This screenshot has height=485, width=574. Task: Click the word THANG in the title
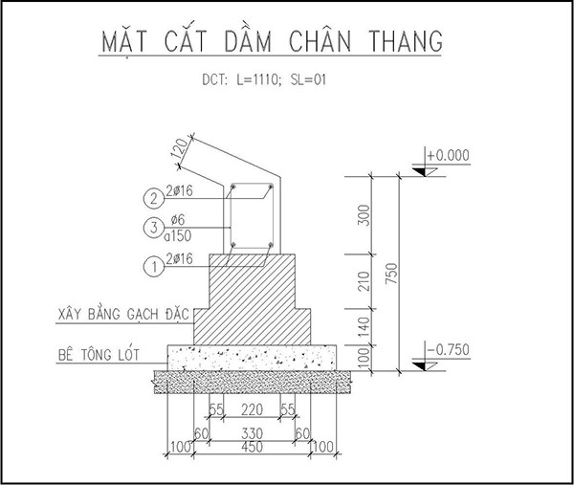[406, 40]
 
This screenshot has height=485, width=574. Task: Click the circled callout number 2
[154, 198]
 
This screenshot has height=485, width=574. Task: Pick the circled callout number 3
[154, 228]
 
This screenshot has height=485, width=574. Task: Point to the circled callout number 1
[154, 266]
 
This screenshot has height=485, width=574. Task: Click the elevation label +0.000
[448, 155]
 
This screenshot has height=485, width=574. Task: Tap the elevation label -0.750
[448, 349]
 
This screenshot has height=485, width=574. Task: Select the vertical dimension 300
[364, 215]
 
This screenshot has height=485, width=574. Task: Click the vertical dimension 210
[364, 281]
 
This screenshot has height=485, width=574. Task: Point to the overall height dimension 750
[391, 273]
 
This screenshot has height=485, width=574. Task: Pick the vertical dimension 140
[364, 327]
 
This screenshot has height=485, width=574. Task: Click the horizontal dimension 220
[252, 409]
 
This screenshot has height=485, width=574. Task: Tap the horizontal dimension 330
[252, 433]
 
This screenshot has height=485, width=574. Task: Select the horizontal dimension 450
[252, 447]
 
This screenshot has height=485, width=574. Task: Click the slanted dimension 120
[181, 148]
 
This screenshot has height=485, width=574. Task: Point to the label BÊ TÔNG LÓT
[99, 354]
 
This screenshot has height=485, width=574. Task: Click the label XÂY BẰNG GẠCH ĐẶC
[123, 314]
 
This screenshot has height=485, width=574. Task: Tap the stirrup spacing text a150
[178, 236]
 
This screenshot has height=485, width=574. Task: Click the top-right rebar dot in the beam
[271, 187]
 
